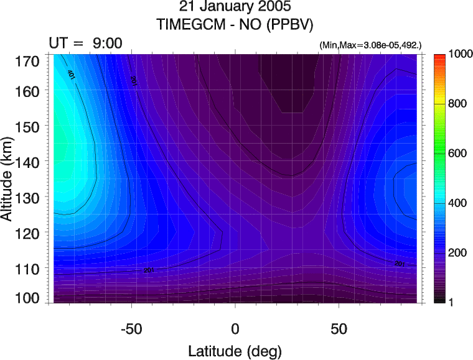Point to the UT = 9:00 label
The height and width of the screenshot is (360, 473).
click(x=86, y=43)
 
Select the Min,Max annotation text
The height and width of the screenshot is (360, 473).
click(x=370, y=46)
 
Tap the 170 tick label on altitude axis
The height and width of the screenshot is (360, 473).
click(x=29, y=61)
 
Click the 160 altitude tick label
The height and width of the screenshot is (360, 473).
click(x=29, y=91)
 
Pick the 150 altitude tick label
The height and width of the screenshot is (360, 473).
click(x=29, y=126)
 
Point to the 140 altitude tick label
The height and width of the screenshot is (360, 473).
click(x=29, y=162)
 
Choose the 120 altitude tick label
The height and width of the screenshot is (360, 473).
click(x=29, y=233)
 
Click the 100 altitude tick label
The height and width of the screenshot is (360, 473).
click(x=29, y=298)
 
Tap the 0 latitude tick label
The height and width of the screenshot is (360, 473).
click(x=235, y=328)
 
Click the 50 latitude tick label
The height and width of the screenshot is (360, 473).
click(x=339, y=328)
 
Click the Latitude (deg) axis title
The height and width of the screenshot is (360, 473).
click(x=235, y=351)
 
